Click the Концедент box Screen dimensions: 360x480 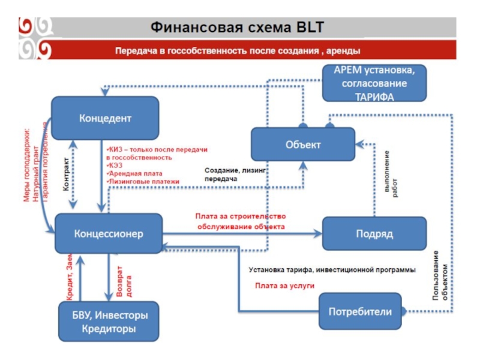pyautogui.click(x=105, y=119)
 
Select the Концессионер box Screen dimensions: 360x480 pyautogui.click(x=109, y=233)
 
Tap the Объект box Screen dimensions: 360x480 pyautogui.click(x=303, y=145)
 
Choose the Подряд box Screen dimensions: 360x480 pyautogui.click(x=374, y=233)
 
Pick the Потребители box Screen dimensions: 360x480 pyautogui.click(x=360, y=311)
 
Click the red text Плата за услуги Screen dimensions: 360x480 pyautogui.click(x=284, y=286)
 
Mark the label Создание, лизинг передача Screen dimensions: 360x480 pyautogui.click(x=235, y=175)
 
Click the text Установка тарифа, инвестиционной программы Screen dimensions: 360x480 pyautogui.click(x=332, y=270)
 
